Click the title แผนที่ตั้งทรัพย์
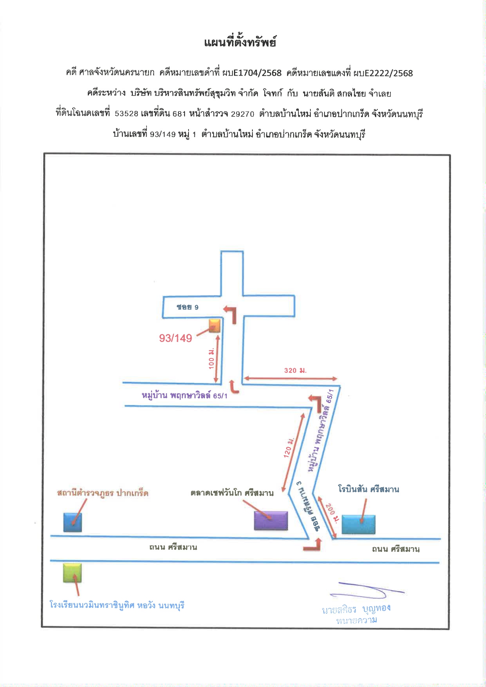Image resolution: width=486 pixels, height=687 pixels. click(x=240, y=42)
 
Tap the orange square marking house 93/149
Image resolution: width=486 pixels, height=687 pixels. click(x=214, y=325)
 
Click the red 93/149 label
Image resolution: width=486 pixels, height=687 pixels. click(x=176, y=338)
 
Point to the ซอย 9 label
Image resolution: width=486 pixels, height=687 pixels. click(x=188, y=307)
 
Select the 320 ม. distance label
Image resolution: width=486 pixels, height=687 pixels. click(x=296, y=371)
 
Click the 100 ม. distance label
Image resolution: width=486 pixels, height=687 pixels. click(x=212, y=358)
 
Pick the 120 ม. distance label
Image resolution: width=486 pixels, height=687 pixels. click(x=289, y=447)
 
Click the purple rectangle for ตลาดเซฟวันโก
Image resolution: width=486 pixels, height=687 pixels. click(x=271, y=521)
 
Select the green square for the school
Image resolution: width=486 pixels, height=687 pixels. click(x=73, y=573)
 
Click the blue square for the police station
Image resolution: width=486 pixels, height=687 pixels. click(x=73, y=522)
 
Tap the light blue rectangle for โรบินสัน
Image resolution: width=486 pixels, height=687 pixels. click(x=358, y=524)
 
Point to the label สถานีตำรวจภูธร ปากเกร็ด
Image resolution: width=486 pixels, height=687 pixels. click(x=103, y=493)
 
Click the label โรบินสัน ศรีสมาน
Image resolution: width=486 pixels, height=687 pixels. click(x=369, y=489)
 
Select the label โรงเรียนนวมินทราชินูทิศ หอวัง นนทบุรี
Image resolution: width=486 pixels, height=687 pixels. click(x=117, y=605)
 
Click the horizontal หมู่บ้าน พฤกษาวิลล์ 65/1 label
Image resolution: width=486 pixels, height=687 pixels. click(x=185, y=395)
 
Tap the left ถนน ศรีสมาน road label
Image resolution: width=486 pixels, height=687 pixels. click(x=173, y=547)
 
